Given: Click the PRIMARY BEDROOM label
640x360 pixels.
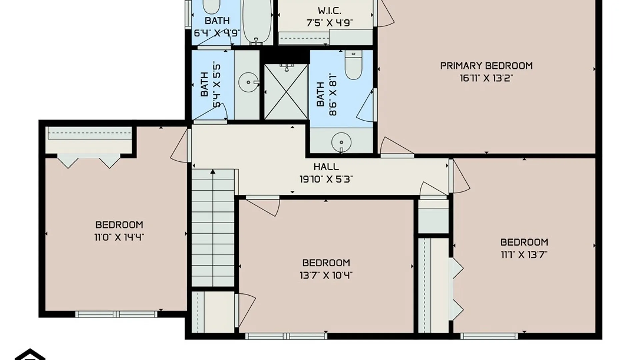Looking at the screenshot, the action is [x=486, y=66].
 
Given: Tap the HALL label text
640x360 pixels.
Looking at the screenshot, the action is [x=326, y=167].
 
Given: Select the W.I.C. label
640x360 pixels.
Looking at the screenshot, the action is [x=329, y=11].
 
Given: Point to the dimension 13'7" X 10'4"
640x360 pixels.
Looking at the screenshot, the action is [x=326, y=275].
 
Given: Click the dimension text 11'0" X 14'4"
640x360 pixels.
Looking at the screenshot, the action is [x=119, y=237].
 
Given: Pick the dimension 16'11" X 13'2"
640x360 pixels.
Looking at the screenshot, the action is [x=486, y=78].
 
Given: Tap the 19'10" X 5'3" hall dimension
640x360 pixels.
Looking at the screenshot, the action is [x=326, y=179].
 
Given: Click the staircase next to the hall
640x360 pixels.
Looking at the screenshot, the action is [x=213, y=228].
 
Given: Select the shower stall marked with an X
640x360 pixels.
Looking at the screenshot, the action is [x=286, y=92].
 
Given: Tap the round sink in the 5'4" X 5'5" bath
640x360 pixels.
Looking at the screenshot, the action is [x=249, y=82].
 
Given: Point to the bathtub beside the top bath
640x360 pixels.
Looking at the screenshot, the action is [x=256, y=22].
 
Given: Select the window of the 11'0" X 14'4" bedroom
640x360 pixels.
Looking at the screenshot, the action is [x=116, y=314].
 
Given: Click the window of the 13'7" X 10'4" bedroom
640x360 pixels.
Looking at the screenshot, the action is [x=286, y=336].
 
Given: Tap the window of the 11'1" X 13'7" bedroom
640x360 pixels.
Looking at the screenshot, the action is [x=489, y=336].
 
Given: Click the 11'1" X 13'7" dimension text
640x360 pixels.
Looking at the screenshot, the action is [x=524, y=255].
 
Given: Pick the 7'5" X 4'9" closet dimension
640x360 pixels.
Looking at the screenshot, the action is [x=329, y=23].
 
